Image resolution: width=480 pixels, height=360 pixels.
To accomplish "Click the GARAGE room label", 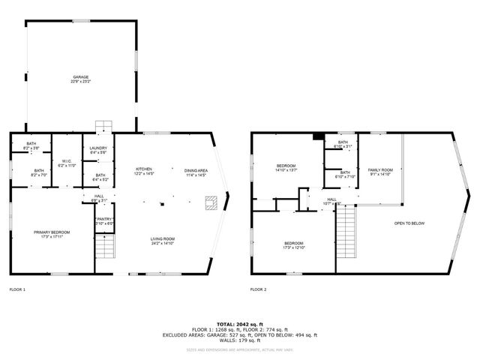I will [80, 78].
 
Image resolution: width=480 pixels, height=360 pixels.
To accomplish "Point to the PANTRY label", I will [105, 220].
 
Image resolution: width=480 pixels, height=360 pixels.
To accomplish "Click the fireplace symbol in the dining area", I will [212, 202].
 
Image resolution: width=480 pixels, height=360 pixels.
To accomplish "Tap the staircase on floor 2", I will [346, 224].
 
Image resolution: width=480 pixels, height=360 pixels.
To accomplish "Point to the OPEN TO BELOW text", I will [410, 223].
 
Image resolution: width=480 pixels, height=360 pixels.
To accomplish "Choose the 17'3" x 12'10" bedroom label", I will [293, 245].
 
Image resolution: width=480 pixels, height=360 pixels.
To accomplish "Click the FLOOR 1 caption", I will [17, 289].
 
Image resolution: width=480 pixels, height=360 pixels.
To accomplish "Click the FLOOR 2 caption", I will [258, 289].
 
